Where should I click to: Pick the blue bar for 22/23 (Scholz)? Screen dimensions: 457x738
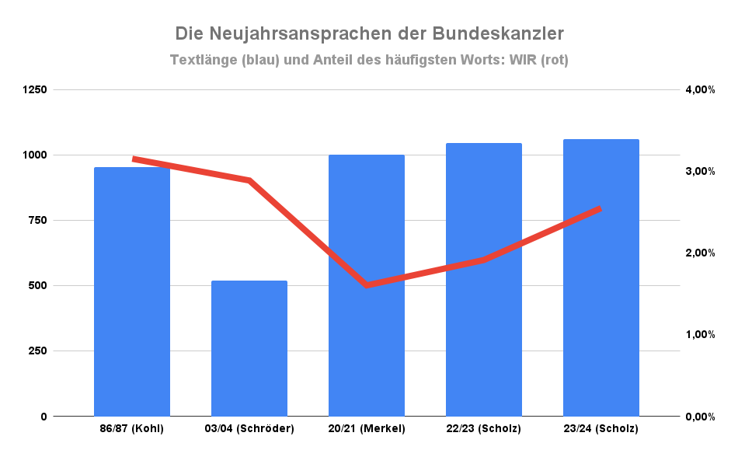tap(484, 280)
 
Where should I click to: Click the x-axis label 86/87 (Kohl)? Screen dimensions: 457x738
tap(132, 428)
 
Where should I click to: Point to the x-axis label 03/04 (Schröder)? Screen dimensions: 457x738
tap(249, 428)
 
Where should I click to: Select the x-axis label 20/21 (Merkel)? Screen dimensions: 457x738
tap(367, 428)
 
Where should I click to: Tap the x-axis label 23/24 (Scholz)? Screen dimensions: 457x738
tap(601, 428)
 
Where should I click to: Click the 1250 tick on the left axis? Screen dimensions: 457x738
tap(35, 89)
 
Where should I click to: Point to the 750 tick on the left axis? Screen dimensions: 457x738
tap(38, 220)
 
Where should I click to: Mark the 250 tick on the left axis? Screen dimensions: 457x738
tap(38, 351)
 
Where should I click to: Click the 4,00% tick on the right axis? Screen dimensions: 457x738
tap(699, 89)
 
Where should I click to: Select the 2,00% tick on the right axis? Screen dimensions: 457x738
tap(699, 253)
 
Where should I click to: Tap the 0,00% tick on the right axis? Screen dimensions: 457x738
tap(699, 417)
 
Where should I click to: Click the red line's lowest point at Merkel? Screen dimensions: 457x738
tap(367, 285)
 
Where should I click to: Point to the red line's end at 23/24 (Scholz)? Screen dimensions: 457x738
tap(600, 208)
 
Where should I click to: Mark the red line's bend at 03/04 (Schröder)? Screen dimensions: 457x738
tap(249, 180)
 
